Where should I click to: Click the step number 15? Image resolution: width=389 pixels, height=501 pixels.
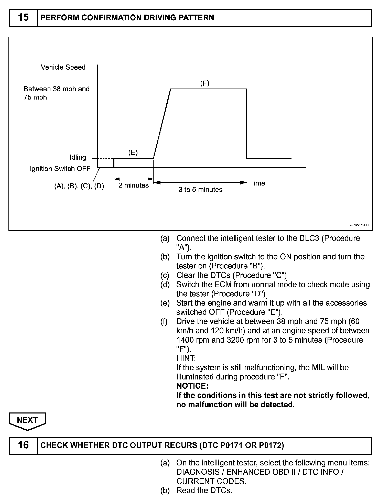23,18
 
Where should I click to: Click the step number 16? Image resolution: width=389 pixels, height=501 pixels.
23,445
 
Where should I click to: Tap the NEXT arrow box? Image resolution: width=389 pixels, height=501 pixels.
27,420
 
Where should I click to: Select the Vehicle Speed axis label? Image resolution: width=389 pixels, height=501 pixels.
63,67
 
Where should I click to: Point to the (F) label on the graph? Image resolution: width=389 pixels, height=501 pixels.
204,83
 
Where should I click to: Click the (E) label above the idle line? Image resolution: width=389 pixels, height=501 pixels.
133,153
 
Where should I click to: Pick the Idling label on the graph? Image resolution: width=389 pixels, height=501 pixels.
78,157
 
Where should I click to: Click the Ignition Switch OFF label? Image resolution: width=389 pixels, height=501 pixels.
60,169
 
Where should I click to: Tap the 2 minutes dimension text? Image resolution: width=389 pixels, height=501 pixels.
133,185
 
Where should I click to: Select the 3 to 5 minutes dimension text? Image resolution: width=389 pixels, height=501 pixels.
200,190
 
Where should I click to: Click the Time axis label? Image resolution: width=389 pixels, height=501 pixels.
257,183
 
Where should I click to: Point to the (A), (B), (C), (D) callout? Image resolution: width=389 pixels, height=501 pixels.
79,186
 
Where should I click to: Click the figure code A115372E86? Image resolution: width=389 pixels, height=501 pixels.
360,225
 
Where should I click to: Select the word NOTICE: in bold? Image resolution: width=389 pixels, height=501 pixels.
192,386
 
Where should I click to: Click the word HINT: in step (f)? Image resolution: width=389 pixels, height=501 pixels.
186,358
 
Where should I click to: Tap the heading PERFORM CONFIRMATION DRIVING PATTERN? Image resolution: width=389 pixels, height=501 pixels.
127,18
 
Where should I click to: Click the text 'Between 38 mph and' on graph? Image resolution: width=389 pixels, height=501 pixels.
57,89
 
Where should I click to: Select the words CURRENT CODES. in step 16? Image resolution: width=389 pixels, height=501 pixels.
211,481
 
